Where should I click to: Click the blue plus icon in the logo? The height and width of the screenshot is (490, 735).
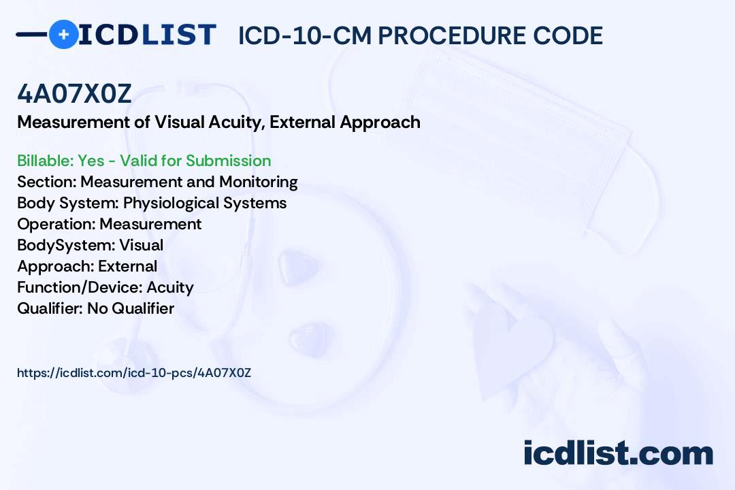63,34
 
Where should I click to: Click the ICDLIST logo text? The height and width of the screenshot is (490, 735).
147,35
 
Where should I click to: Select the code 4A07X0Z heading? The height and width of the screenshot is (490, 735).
75,94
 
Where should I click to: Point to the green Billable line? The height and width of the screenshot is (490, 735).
144,161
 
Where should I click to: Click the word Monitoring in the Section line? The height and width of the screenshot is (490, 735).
259,182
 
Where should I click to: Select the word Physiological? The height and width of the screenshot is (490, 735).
171,203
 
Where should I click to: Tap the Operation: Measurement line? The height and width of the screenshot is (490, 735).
109,224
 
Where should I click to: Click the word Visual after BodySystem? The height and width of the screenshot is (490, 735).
141,245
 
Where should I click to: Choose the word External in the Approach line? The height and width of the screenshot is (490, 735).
127,266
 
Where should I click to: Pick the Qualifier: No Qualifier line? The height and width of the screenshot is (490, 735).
96,308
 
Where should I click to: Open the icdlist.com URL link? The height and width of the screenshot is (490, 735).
134,373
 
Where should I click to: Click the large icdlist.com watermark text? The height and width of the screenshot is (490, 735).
618,453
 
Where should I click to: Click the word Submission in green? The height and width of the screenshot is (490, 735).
228,161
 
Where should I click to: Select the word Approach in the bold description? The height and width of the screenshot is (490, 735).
380,123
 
